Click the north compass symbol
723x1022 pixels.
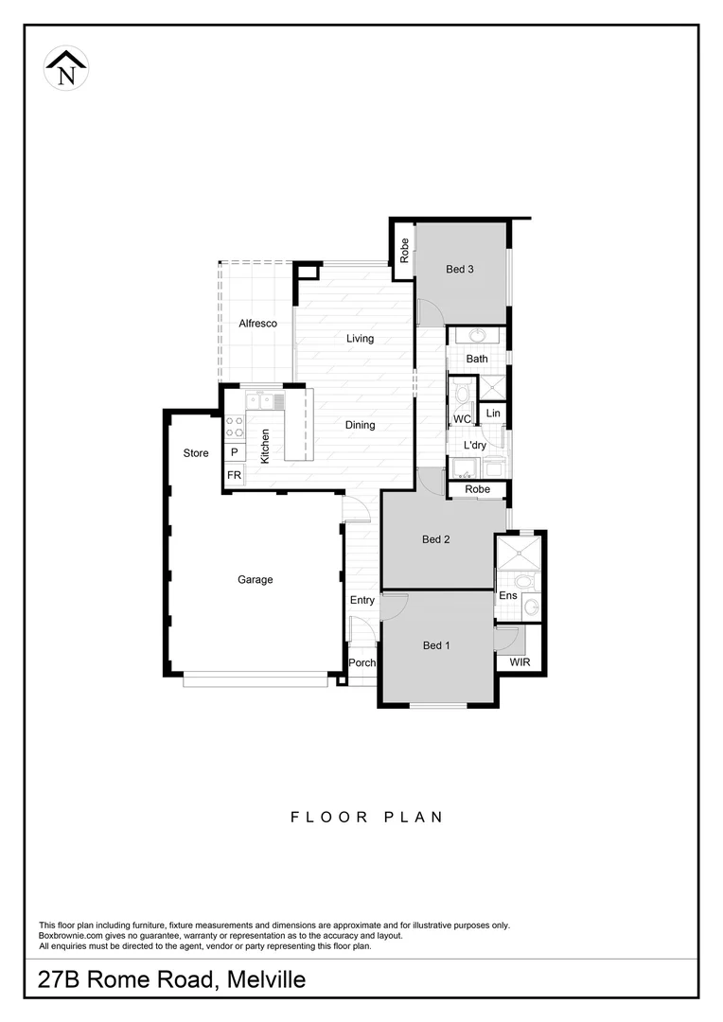pyautogui.click(x=66, y=68)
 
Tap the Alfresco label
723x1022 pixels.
pyautogui.click(x=256, y=324)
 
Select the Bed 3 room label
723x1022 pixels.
pyautogui.click(x=459, y=270)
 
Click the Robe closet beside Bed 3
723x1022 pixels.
pyautogui.click(x=403, y=252)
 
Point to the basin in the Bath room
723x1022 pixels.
pyautogui.click(x=477, y=335)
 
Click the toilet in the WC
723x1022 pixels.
pyautogui.click(x=461, y=396)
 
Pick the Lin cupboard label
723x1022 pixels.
pyautogui.click(x=493, y=414)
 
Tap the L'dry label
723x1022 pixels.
pyautogui.click(x=474, y=446)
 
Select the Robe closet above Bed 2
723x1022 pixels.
pyautogui.click(x=478, y=489)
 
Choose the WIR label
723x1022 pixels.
pyautogui.click(x=520, y=662)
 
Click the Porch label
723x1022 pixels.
pyautogui.click(x=361, y=663)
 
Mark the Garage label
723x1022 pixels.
pyautogui.click(x=255, y=580)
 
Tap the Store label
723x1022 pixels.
pyautogui.click(x=196, y=453)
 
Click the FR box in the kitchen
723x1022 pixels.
pyautogui.click(x=234, y=475)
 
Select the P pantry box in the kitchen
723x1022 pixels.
pyautogui.click(x=234, y=453)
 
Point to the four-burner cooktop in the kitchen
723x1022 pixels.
pyautogui.click(x=234, y=427)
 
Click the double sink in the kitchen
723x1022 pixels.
pyautogui.click(x=259, y=400)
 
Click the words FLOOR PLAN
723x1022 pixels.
pyautogui.click(x=366, y=817)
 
